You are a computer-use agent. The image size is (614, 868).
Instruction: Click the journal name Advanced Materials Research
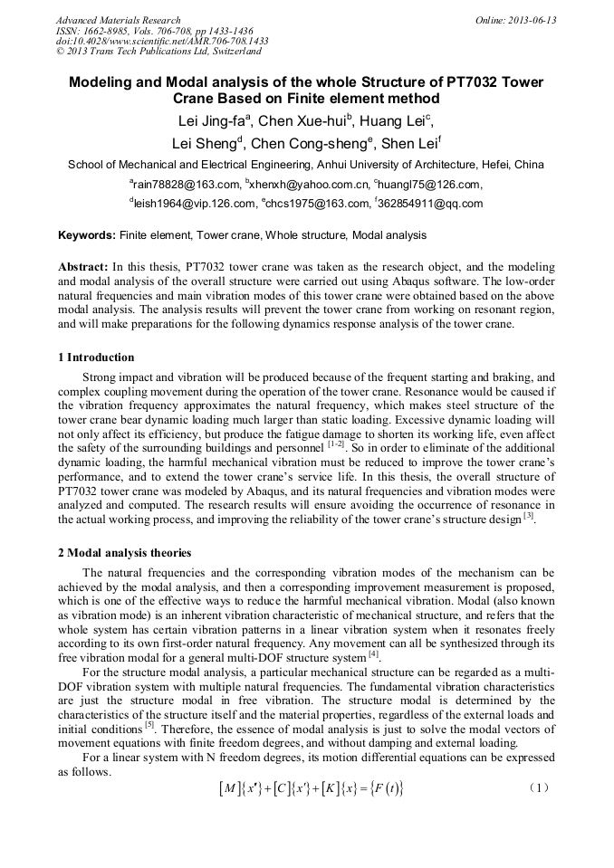pos(118,20)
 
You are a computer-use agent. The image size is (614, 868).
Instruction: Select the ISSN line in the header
pos(144,31)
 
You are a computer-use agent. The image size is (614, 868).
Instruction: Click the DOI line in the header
pos(162,42)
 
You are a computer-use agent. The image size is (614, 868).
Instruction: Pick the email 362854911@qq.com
pos(428,204)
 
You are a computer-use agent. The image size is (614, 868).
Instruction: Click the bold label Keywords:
pos(87,235)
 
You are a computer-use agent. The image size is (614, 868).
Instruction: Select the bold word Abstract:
pos(83,268)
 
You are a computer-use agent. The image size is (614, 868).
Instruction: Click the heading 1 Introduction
pos(96,357)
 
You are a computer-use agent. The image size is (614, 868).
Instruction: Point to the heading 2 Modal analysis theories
pos(124,552)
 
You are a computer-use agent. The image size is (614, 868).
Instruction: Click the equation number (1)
pos(538,788)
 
